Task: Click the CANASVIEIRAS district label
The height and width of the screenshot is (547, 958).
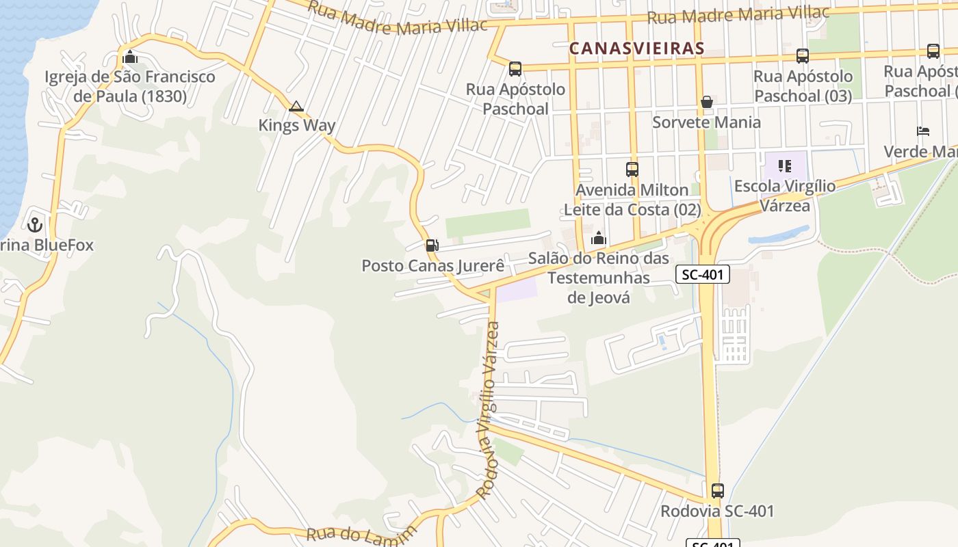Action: (x=636, y=49)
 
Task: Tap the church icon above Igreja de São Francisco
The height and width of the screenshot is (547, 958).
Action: (x=129, y=57)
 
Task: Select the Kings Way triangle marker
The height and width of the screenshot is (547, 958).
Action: (x=296, y=106)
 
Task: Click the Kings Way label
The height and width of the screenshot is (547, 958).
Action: (x=296, y=125)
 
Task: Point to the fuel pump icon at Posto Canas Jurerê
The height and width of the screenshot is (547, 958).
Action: (x=432, y=245)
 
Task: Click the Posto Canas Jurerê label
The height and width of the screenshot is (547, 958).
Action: (x=432, y=265)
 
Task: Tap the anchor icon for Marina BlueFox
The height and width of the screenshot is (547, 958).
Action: (x=34, y=224)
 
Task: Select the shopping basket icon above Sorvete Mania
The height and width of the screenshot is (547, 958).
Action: (x=706, y=103)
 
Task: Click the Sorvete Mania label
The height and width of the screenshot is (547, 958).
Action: (x=706, y=122)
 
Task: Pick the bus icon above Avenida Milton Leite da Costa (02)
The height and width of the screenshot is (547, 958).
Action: (x=632, y=170)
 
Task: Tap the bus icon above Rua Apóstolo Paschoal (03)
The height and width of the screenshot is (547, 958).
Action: (x=803, y=56)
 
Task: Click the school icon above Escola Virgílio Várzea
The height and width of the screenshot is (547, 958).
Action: (x=785, y=165)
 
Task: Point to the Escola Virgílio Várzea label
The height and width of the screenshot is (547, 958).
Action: (x=785, y=196)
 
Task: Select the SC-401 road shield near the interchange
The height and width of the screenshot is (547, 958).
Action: (x=703, y=275)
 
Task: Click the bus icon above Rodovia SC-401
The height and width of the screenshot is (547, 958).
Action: (x=717, y=491)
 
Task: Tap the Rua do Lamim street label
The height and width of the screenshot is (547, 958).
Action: (x=361, y=534)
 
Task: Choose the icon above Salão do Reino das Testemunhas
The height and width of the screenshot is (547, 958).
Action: (x=599, y=238)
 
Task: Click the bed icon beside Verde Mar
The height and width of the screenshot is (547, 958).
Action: (x=923, y=131)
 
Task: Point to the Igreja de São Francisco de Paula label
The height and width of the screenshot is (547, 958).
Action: (x=130, y=87)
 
